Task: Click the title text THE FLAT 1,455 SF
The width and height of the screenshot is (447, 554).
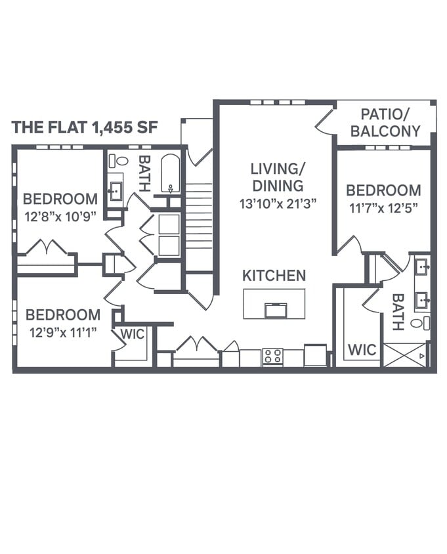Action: click(x=85, y=127)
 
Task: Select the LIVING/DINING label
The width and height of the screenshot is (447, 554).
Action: click(x=276, y=177)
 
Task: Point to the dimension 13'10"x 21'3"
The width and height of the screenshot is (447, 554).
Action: click(x=278, y=203)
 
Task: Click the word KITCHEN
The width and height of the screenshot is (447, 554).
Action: click(x=274, y=276)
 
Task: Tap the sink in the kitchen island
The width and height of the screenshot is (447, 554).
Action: click(x=275, y=310)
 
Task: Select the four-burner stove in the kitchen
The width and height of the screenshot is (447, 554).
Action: click(x=272, y=356)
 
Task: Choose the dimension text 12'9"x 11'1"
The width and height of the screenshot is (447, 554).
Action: click(x=63, y=332)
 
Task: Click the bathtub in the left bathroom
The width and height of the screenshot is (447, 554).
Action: click(x=171, y=173)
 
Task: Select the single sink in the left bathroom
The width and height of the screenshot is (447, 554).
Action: click(x=116, y=191)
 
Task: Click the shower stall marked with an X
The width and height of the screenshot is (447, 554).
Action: click(x=404, y=356)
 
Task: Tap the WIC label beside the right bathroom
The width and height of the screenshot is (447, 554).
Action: click(x=362, y=349)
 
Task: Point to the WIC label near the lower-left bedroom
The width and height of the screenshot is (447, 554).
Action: click(x=132, y=334)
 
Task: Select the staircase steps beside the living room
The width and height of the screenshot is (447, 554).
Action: click(x=199, y=217)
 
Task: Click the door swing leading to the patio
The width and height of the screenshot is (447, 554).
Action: click(x=326, y=122)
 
